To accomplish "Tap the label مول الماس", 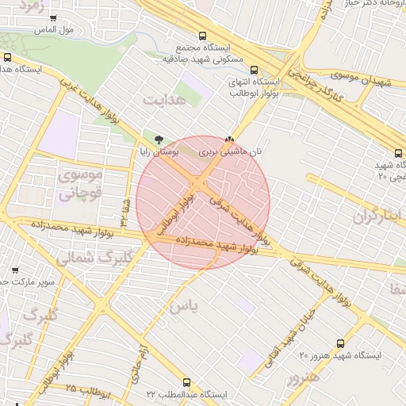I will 55,30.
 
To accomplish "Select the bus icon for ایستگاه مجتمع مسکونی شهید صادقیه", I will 203,36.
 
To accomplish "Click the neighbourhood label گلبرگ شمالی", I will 77,258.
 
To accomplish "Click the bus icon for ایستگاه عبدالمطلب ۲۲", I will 187,383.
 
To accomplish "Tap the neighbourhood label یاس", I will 181,305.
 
